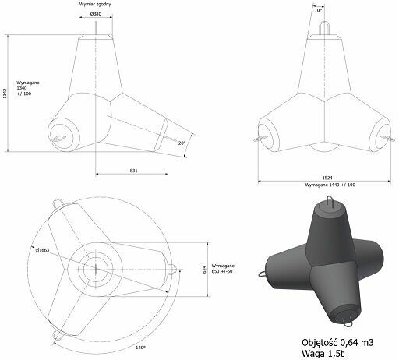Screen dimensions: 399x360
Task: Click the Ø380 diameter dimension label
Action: [96, 14]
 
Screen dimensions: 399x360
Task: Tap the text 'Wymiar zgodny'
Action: [95, 5]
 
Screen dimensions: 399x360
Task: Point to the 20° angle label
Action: [182, 143]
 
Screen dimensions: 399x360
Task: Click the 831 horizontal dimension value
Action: [133, 171]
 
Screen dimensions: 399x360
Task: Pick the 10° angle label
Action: [318, 10]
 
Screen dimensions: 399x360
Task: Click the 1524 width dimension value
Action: [327, 178]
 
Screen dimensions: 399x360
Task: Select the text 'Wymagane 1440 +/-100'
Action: [330, 185]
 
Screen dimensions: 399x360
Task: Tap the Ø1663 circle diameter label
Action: [42, 250]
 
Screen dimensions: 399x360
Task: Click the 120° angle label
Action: [140, 348]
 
